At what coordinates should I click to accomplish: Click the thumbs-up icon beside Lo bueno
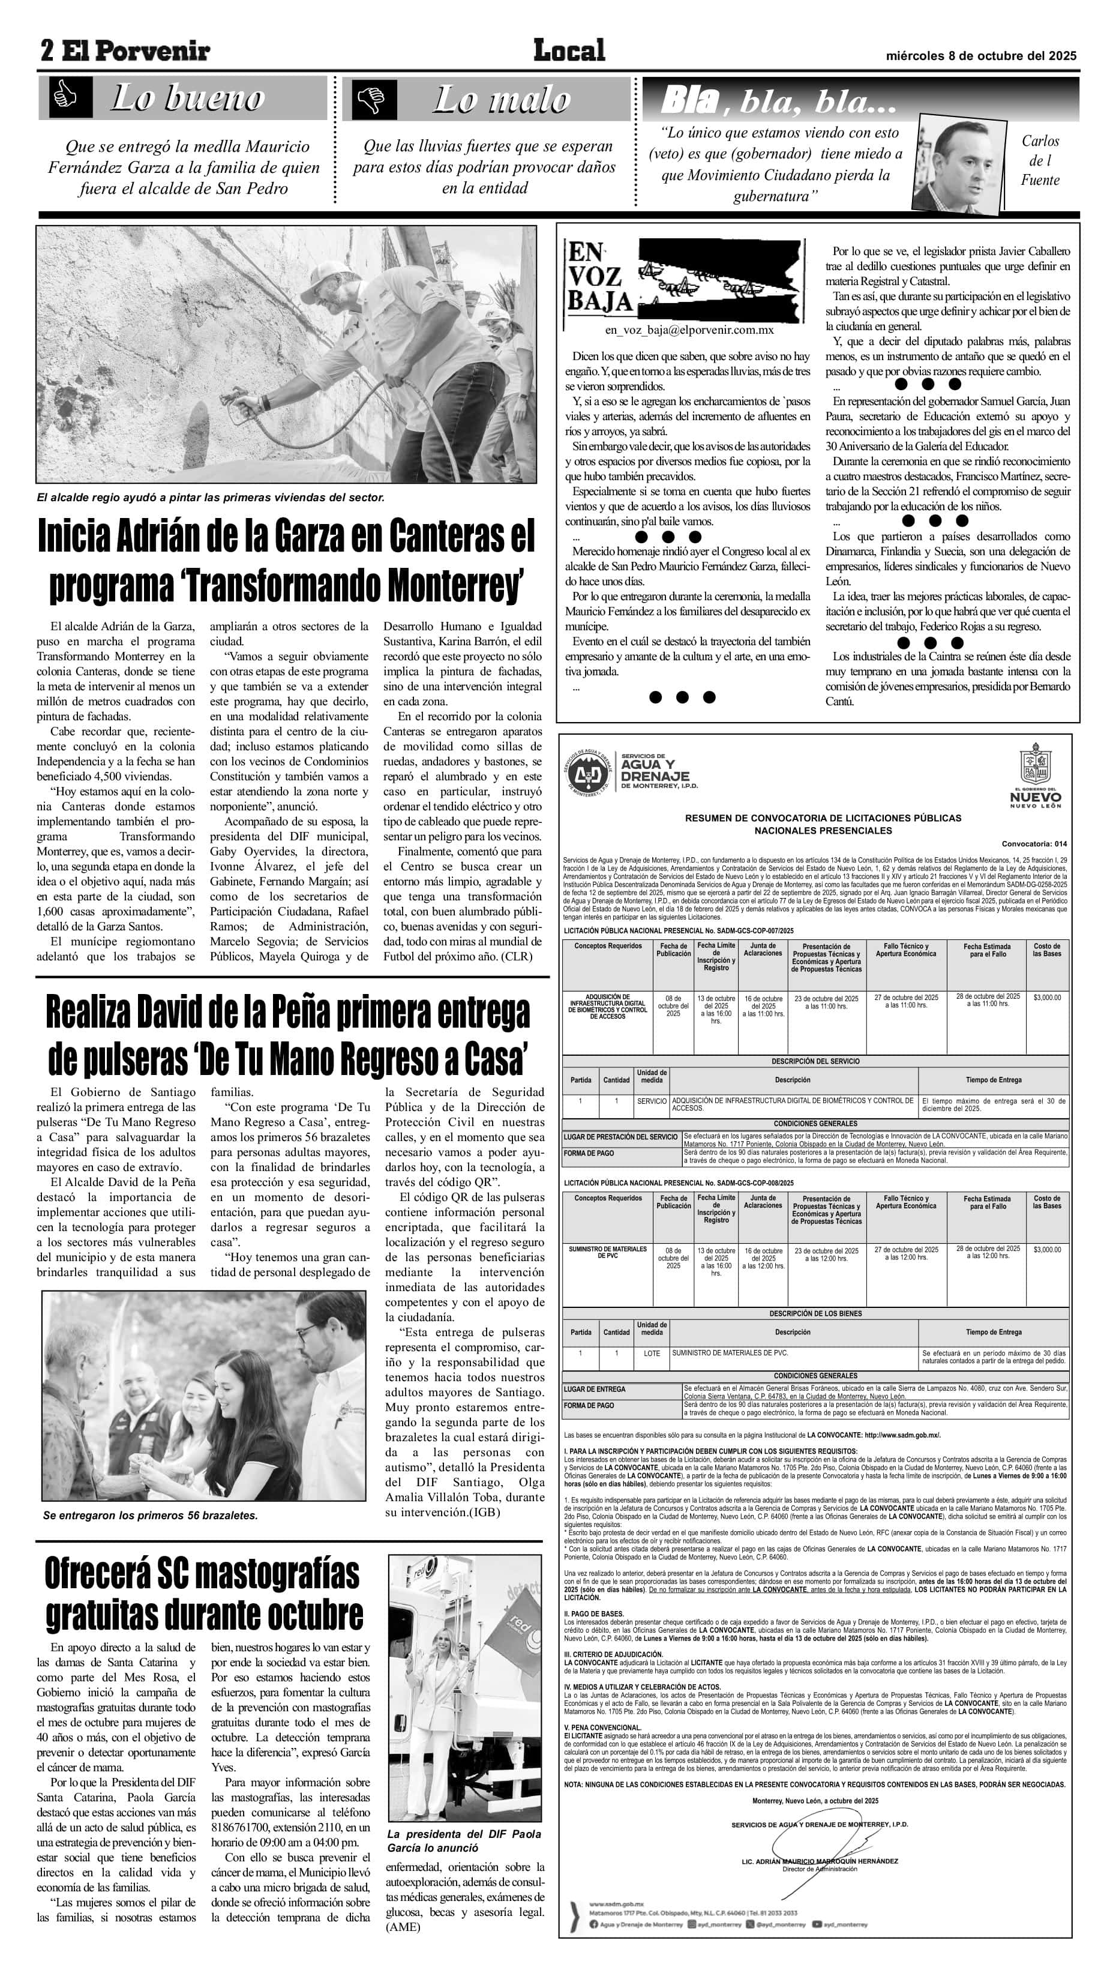coord(65,97)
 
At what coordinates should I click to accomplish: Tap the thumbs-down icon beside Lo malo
coord(374,98)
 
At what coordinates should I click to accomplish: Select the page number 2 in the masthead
coord(48,52)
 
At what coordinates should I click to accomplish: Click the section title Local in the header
coord(569,51)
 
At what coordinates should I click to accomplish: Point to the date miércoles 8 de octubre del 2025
coord(980,55)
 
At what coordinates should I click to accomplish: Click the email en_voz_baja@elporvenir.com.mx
coord(689,330)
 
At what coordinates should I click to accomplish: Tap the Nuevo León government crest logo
coord(1034,774)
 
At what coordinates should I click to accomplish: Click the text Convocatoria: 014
coord(1034,844)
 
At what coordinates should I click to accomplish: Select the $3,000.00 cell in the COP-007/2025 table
coord(1046,998)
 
